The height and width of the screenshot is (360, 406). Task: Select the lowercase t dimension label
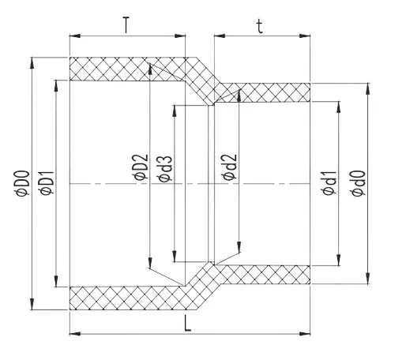click(261, 25)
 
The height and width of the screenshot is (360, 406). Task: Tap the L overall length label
click(187, 324)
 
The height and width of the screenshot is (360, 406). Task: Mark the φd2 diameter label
click(229, 168)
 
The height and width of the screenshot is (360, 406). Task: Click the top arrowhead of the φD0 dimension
click(32, 62)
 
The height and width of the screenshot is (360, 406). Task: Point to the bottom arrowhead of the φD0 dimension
click(32, 306)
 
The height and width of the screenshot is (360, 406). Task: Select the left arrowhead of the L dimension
click(74, 334)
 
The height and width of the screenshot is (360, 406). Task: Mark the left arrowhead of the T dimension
click(74, 36)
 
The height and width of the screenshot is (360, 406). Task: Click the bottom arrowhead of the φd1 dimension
click(340, 261)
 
